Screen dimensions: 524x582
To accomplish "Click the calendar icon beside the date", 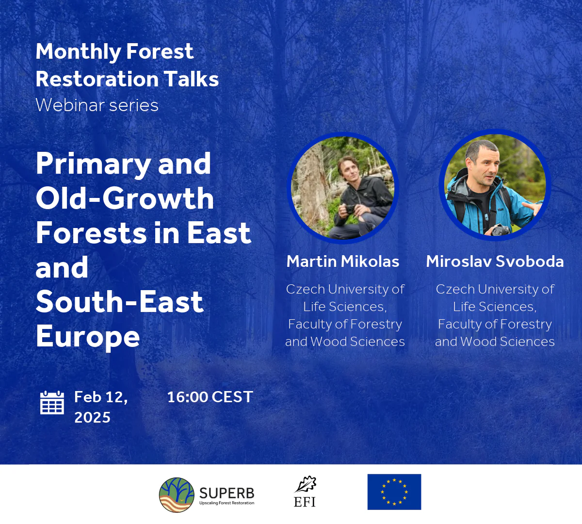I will (51, 403).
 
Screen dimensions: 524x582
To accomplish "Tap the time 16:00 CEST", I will (210, 397).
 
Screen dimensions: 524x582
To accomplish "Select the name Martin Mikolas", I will (343, 262).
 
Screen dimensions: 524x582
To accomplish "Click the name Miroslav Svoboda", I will (495, 262).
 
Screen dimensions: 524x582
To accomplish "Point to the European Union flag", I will (394, 491).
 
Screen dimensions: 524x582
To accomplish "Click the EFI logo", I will (305, 491).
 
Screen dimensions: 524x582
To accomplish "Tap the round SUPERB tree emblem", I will (177, 495).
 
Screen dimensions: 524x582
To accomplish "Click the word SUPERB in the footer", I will (226, 493).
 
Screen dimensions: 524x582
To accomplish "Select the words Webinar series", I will (97, 105).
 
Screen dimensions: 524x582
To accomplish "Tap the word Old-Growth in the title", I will (125, 198).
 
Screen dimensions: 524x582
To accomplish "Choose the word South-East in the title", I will (119, 302).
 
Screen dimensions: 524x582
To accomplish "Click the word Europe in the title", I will (88, 336).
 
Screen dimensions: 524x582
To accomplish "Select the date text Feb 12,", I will (101, 397).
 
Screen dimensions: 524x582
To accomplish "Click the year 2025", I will (92, 417).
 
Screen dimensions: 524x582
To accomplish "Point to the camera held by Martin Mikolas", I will (349, 209).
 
